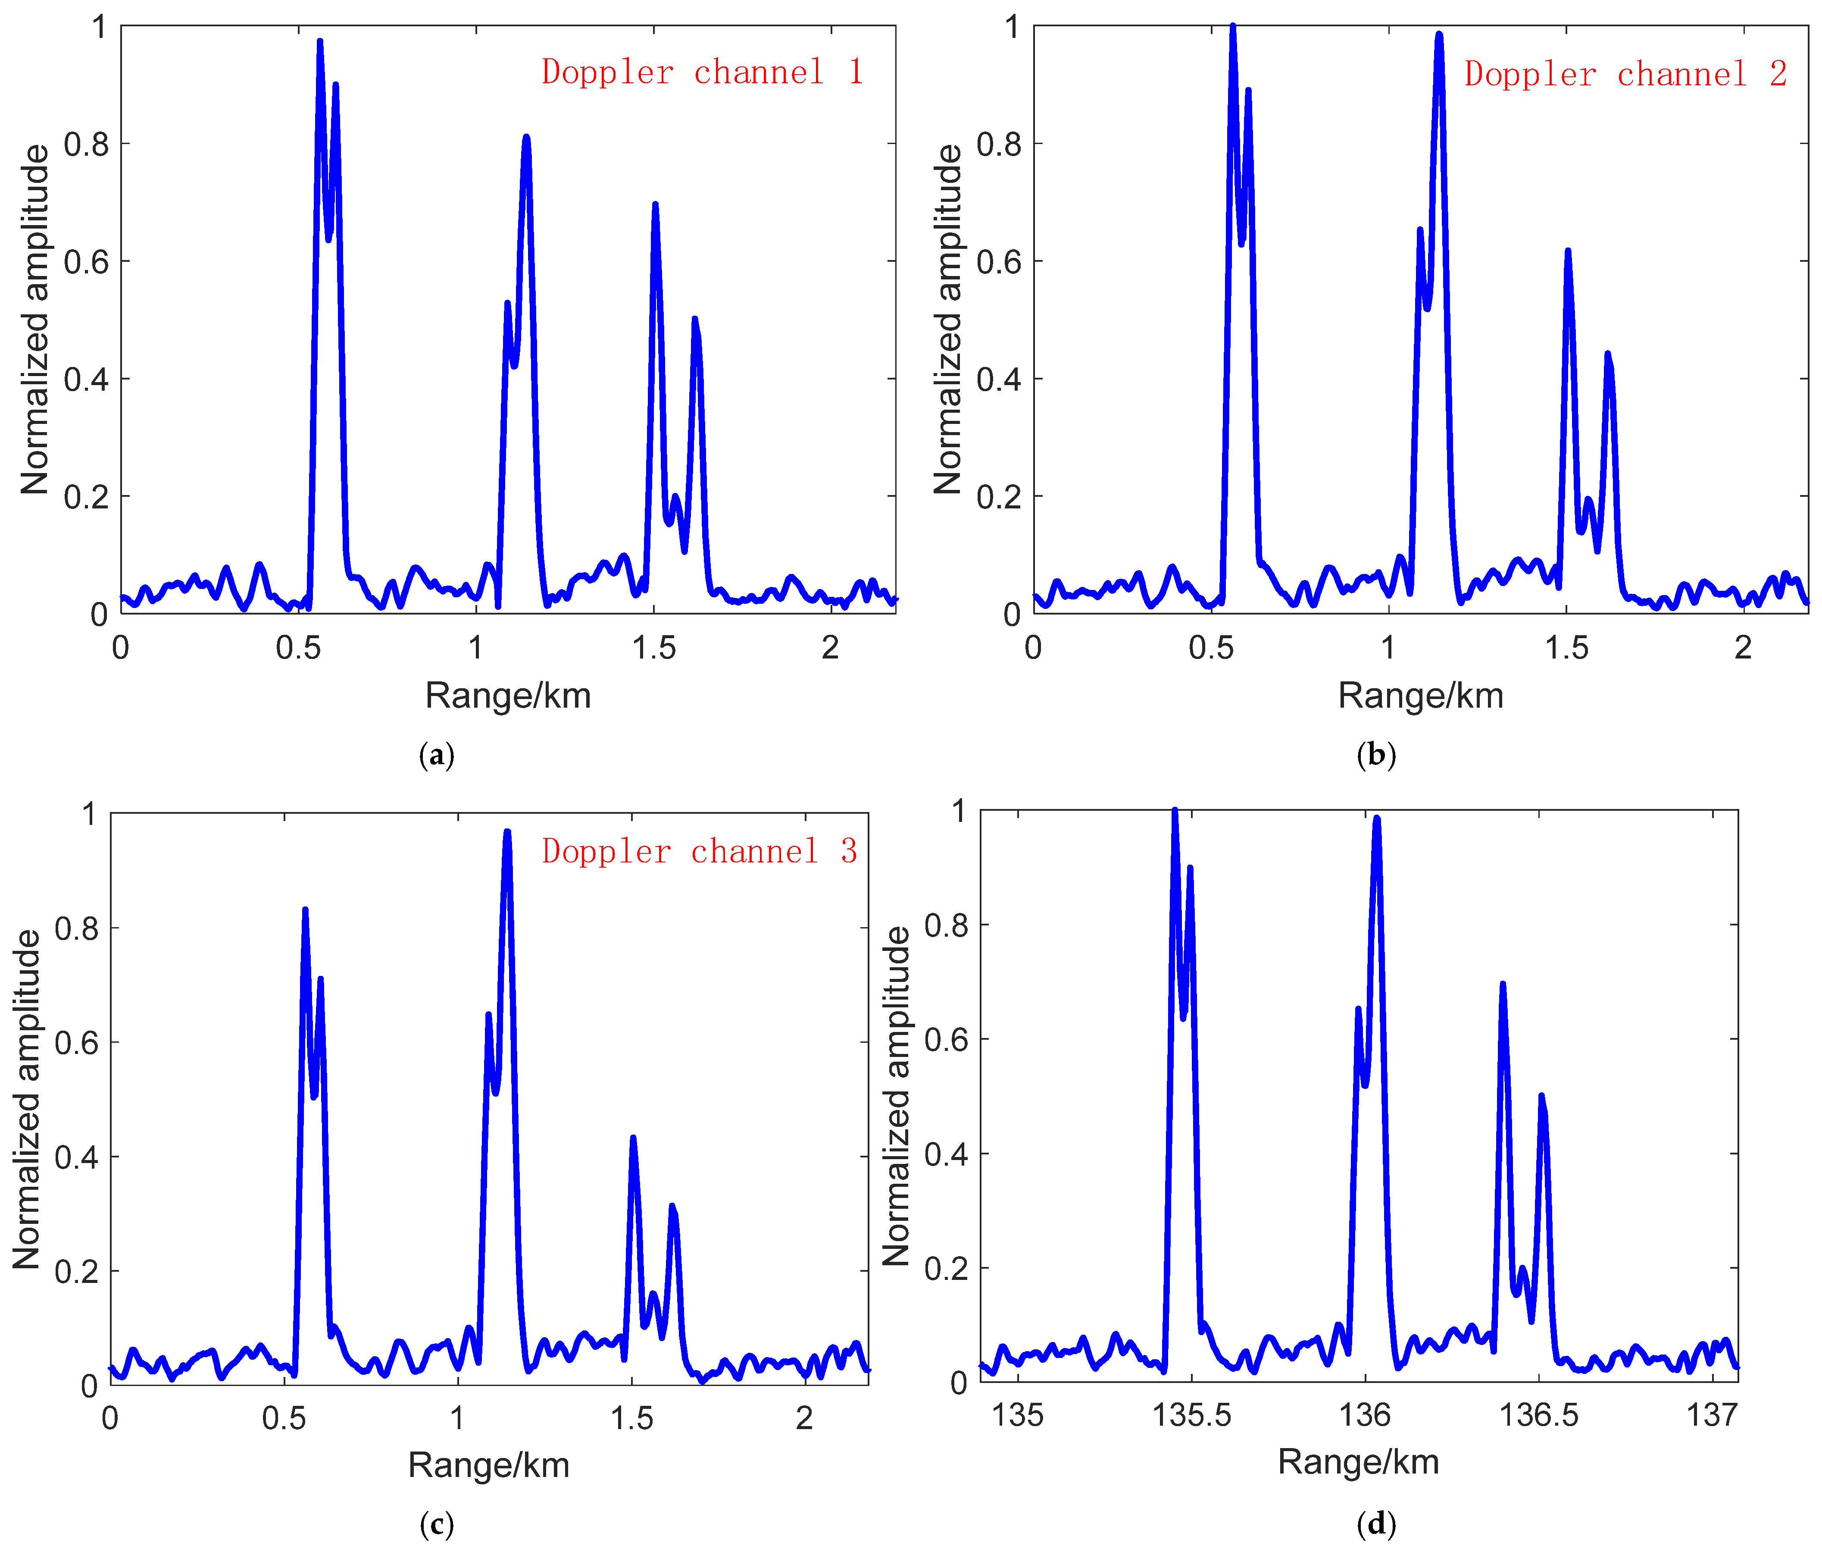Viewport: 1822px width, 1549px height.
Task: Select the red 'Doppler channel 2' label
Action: [1625, 74]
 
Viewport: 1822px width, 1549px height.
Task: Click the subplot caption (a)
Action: [436, 755]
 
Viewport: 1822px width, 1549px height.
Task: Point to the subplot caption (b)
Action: [1375, 755]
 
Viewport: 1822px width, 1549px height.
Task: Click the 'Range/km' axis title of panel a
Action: [508, 696]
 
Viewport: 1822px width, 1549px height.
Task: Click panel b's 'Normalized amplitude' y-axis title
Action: [948, 320]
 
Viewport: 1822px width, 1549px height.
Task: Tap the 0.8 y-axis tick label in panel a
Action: [87, 144]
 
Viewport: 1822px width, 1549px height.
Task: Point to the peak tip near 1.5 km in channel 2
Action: [1568, 251]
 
